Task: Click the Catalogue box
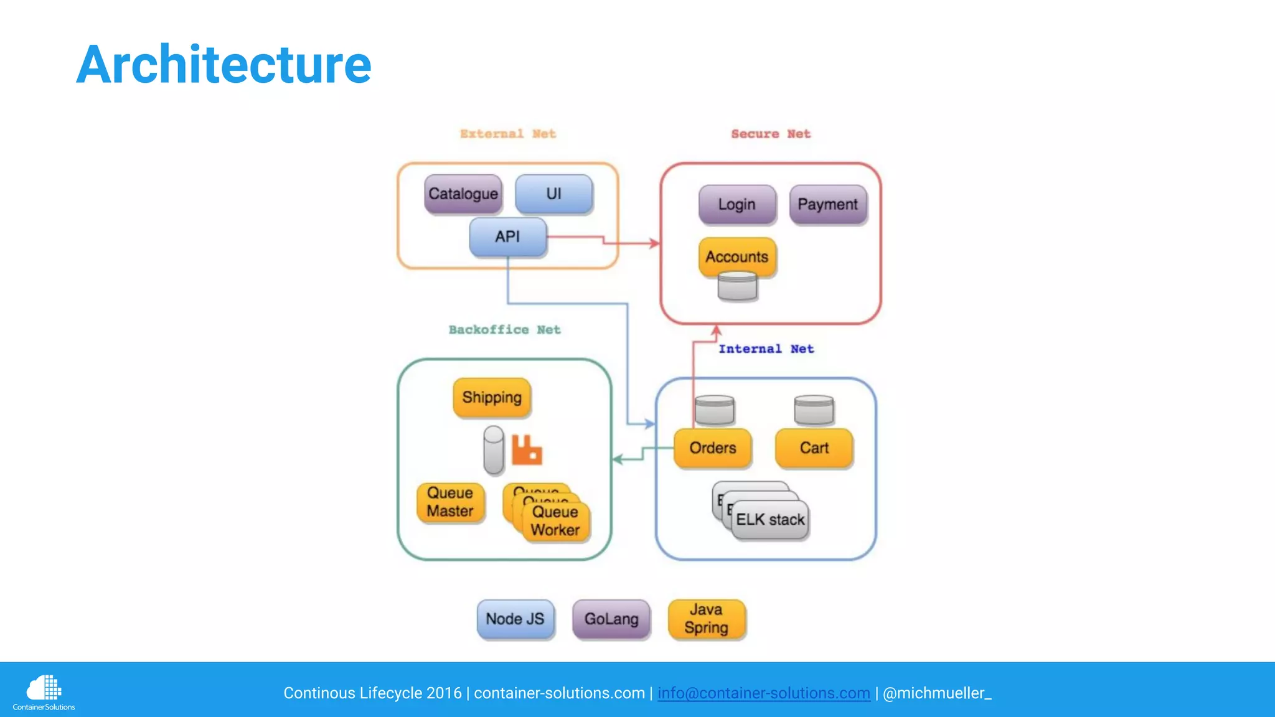(x=463, y=194)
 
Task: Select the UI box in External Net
(x=553, y=194)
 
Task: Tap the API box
(x=507, y=237)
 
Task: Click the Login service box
(x=736, y=204)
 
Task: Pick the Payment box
(x=827, y=204)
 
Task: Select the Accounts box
(x=736, y=256)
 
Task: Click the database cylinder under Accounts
(x=737, y=287)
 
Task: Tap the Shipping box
(x=492, y=397)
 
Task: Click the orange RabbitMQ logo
(x=527, y=450)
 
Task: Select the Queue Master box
(x=450, y=502)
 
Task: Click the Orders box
(x=712, y=448)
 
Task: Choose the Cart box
(x=814, y=448)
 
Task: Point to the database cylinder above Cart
(x=814, y=410)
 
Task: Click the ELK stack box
(x=770, y=520)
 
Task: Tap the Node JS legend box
(x=515, y=619)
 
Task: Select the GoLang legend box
(x=611, y=619)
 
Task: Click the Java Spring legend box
(x=706, y=619)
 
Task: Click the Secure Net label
(x=771, y=134)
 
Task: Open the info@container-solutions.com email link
(x=763, y=693)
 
